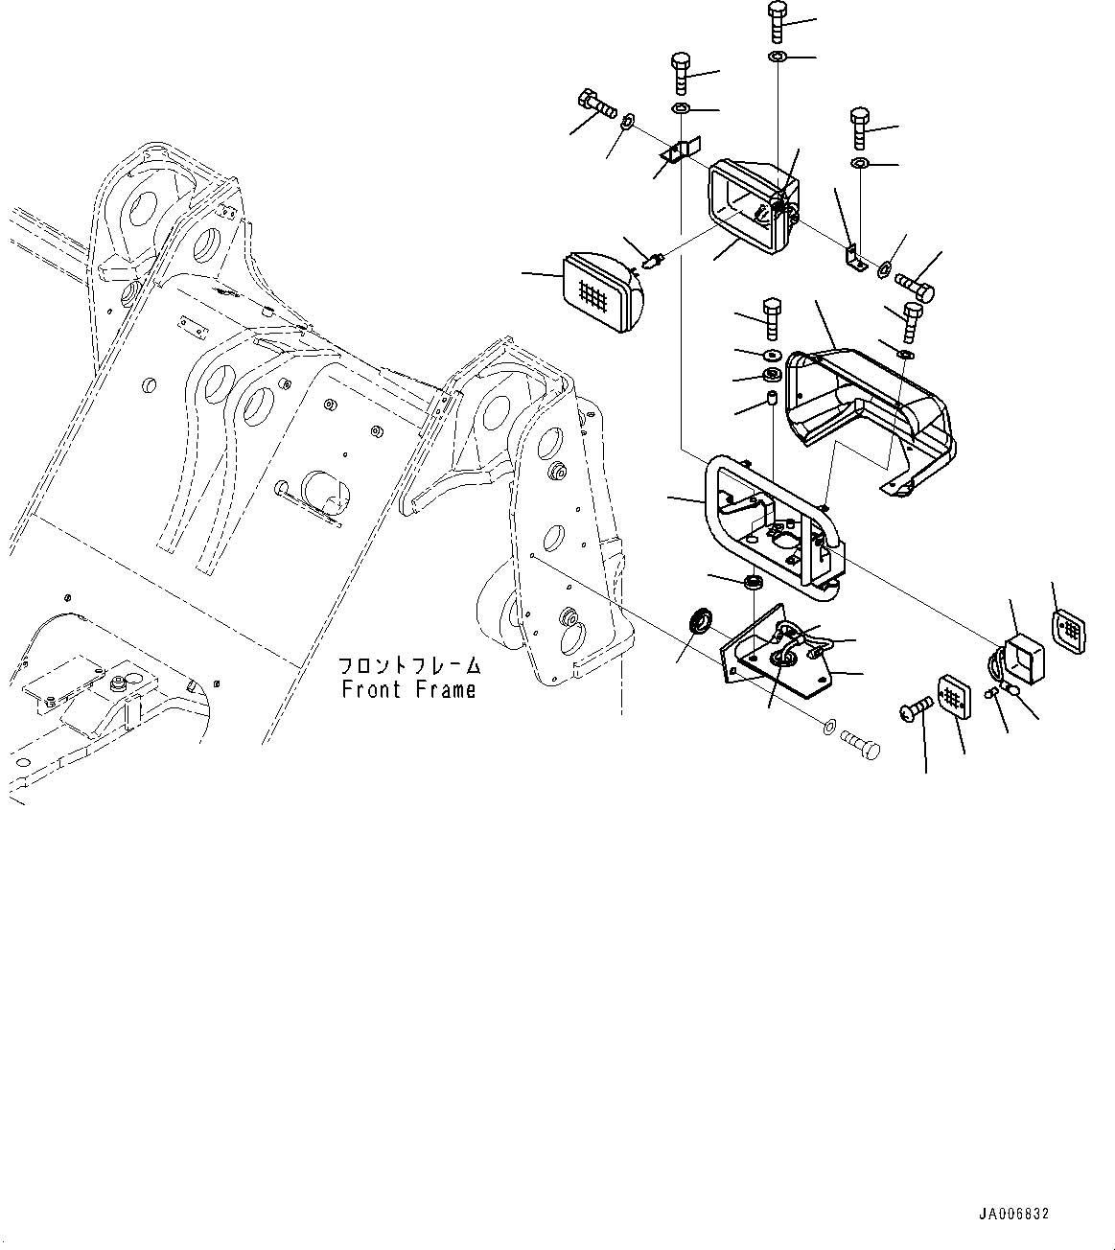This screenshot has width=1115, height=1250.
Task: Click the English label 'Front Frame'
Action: pos(408,689)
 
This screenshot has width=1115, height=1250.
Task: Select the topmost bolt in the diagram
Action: pos(776,21)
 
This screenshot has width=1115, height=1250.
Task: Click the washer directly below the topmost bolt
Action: pos(776,58)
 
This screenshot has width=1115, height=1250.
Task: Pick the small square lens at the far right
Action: pos(1068,630)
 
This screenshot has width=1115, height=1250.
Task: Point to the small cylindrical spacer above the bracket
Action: pos(769,398)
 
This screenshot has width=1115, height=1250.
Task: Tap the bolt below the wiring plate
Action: pos(859,744)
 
